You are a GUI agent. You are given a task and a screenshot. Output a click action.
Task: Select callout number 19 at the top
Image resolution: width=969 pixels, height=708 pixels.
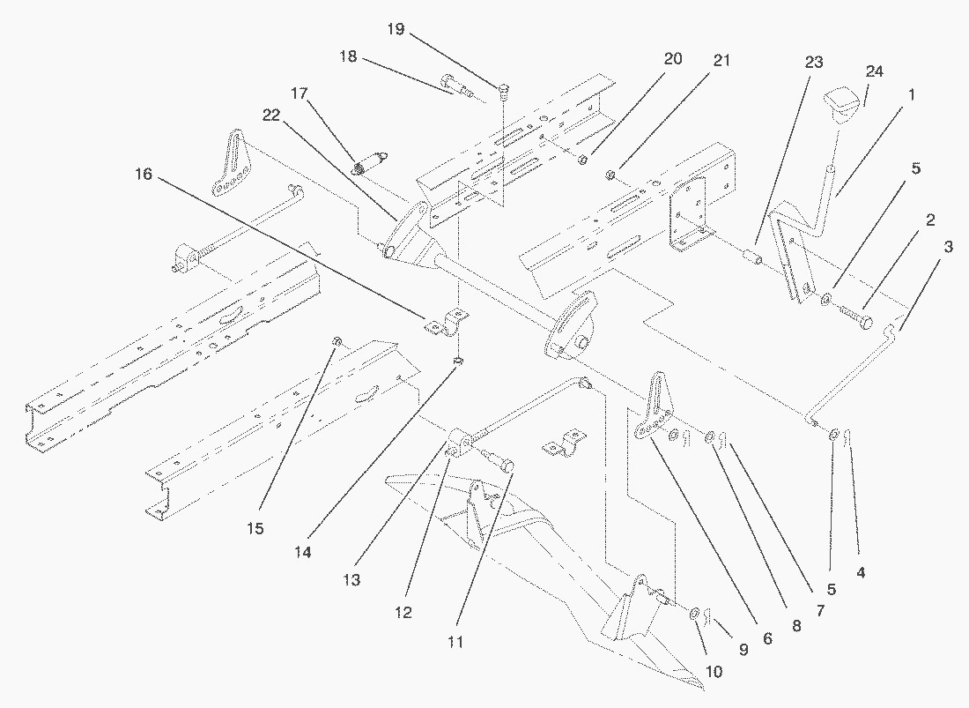pos(395,29)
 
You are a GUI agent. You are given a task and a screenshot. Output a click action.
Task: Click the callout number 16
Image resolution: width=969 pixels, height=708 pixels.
pos(143,175)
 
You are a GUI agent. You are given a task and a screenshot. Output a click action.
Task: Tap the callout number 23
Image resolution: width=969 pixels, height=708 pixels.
pos(813,63)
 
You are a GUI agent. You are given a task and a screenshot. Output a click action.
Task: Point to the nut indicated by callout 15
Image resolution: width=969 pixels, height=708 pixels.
pos(337,341)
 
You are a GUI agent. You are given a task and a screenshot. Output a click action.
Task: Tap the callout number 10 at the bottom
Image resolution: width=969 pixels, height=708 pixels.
pos(714,672)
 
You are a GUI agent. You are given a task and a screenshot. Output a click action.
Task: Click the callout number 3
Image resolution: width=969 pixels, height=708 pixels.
pos(947,247)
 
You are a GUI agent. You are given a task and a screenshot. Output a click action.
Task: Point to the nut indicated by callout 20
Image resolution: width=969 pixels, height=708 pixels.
pos(582,160)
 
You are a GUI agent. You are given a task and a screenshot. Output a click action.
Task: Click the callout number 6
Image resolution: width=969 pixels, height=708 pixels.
pos(766,637)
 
